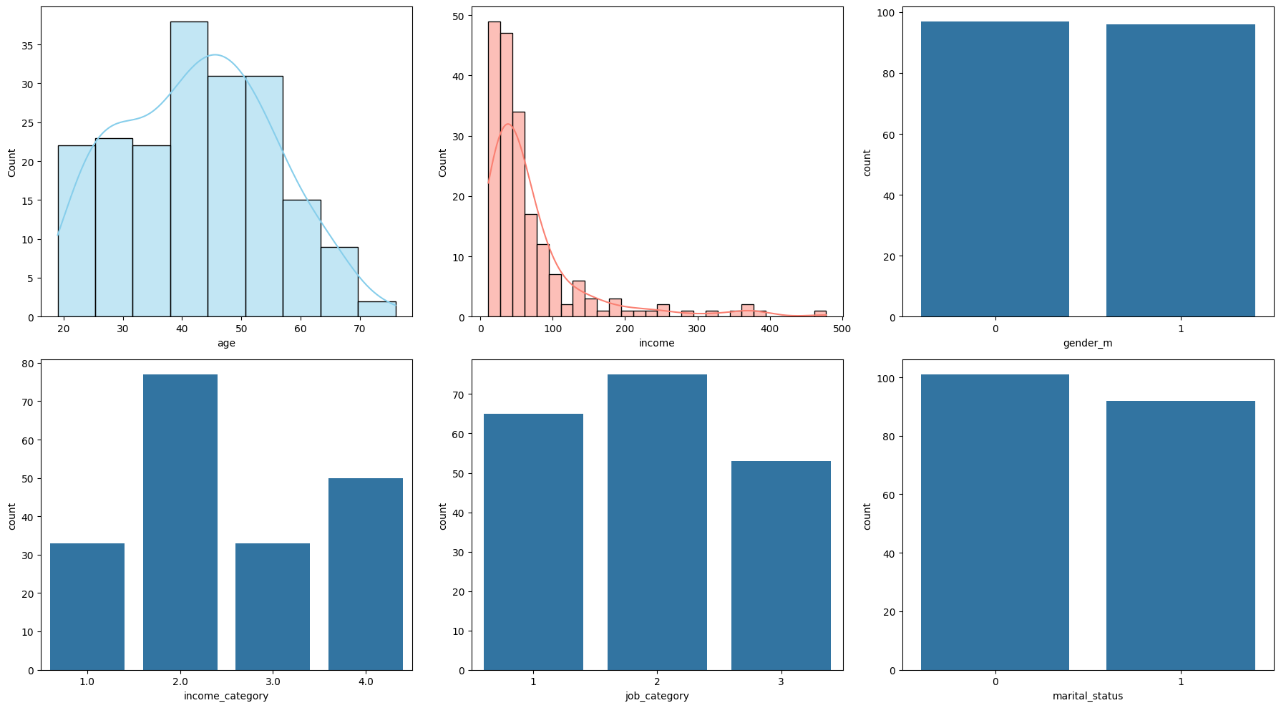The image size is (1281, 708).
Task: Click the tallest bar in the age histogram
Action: tap(189, 169)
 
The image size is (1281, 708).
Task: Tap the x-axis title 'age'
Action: tap(226, 343)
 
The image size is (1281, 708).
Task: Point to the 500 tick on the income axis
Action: tap(842, 329)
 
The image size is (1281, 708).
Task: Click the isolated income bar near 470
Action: tap(820, 314)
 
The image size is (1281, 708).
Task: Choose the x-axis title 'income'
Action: tap(656, 343)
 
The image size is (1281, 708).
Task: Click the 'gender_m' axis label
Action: tap(1087, 343)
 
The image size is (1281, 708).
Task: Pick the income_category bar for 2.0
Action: tap(180, 522)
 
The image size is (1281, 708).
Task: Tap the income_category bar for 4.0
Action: tap(365, 574)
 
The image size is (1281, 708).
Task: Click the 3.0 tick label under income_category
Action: tap(273, 682)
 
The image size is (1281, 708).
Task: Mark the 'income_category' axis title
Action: tap(226, 696)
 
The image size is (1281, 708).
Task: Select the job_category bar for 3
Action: tap(781, 566)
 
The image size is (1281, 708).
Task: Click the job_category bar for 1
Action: tap(533, 542)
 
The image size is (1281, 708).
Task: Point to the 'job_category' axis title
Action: tap(656, 696)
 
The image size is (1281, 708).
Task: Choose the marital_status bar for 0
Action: tap(995, 522)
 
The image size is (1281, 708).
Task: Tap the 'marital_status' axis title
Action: tap(1087, 696)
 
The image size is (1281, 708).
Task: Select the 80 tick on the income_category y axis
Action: tap(27, 363)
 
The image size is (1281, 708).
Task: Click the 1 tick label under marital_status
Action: tap(1180, 682)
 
